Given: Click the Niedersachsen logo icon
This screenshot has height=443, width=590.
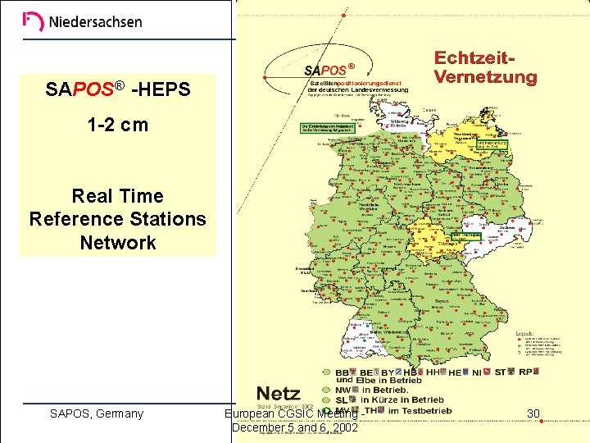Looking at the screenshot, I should tap(34, 21).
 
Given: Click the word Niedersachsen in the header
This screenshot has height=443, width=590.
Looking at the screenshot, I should tap(95, 22).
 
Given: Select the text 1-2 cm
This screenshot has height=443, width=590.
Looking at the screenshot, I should tap(118, 126).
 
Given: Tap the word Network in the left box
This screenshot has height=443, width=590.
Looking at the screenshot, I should tap(118, 243).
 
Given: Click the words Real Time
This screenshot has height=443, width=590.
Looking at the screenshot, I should tap(118, 196).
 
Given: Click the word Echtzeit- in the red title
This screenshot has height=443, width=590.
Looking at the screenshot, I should tap(474, 59).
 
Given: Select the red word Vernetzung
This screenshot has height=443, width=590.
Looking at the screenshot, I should tap(485, 78).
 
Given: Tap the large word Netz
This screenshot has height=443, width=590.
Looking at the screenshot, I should tap(279, 393).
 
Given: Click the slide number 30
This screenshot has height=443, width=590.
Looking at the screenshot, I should tap(534, 413).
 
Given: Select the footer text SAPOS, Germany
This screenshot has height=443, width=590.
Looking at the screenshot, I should tap(97, 413).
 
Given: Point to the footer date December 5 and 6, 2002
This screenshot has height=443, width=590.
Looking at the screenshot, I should tap(295, 427).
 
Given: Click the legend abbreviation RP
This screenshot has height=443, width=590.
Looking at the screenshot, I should tap(526, 372).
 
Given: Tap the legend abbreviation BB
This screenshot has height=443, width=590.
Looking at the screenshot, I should tap(343, 372).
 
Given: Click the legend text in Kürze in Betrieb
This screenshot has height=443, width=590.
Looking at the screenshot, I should tap(402, 400).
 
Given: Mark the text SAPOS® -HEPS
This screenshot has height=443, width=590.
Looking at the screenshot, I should tap(118, 89).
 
